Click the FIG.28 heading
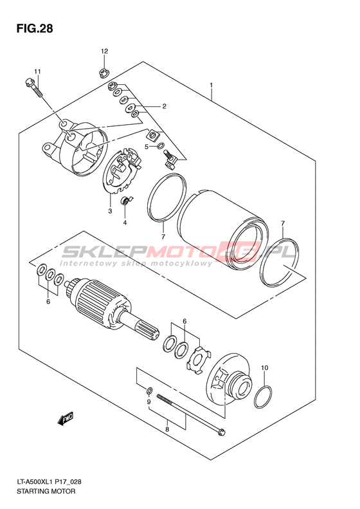point(35,28)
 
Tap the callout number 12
point(104,51)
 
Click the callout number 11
point(38,71)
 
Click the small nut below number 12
point(103,73)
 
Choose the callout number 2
point(164,106)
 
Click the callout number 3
point(110,211)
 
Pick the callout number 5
point(147,147)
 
